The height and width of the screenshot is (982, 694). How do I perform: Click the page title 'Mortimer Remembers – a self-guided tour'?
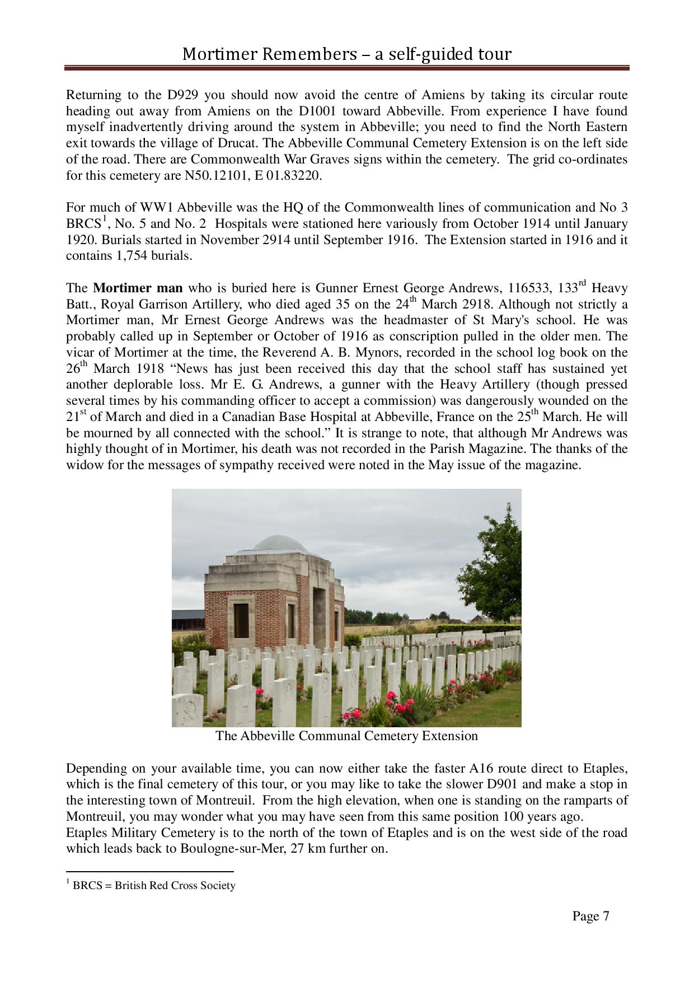(x=346, y=54)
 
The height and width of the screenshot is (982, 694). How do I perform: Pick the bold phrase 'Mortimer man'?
(x=138, y=288)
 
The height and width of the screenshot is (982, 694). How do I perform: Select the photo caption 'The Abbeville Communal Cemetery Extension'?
(x=346, y=736)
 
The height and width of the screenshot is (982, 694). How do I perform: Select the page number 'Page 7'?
(x=590, y=916)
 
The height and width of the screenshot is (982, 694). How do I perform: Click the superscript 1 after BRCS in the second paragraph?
(x=104, y=219)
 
